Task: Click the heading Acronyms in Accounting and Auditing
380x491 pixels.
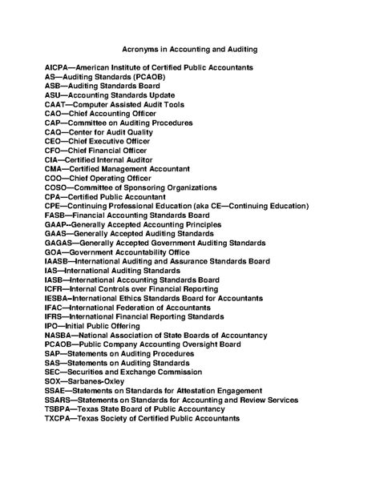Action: point(190,49)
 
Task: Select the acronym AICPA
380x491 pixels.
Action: point(58,69)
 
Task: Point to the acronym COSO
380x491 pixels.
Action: point(56,187)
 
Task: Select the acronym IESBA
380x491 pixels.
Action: point(58,298)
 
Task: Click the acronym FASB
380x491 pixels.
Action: point(55,215)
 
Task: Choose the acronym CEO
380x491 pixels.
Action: point(54,142)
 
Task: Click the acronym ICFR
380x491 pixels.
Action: point(55,288)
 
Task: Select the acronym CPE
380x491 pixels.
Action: point(53,206)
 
